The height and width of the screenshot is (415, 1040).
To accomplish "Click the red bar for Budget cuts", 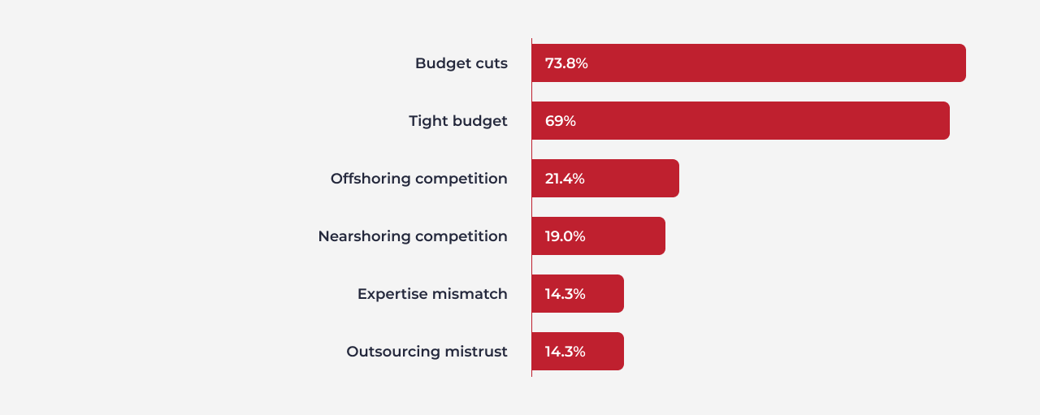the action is click(x=748, y=63).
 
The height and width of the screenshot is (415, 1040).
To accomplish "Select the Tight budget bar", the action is click(x=740, y=121).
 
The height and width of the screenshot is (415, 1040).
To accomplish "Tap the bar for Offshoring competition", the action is click(x=605, y=178).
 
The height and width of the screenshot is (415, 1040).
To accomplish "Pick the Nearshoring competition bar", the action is click(x=599, y=236).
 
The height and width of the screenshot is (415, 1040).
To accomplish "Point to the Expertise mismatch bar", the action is click(x=578, y=293).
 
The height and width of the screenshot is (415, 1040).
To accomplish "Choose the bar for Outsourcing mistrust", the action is click(x=578, y=351).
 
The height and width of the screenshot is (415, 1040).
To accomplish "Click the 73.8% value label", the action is click(x=566, y=63).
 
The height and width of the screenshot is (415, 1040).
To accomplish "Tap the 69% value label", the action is click(x=561, y=121).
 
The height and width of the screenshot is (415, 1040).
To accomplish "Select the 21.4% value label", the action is click(x=565, y=178).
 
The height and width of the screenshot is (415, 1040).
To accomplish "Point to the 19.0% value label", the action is click(x=565, y=236).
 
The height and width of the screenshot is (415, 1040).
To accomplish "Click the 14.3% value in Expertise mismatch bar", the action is click(x=565, y=293).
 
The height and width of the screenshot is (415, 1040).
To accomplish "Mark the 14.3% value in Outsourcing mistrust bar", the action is click(x=565, y=351).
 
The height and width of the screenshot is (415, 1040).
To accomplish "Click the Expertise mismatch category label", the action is click(x=432, y=294).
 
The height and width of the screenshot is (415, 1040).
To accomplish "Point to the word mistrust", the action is click(x=476, y=352).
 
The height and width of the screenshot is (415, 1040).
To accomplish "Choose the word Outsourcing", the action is click(x=393, y=352).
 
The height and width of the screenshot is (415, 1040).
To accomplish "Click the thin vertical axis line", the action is click(x=531, y=208).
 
